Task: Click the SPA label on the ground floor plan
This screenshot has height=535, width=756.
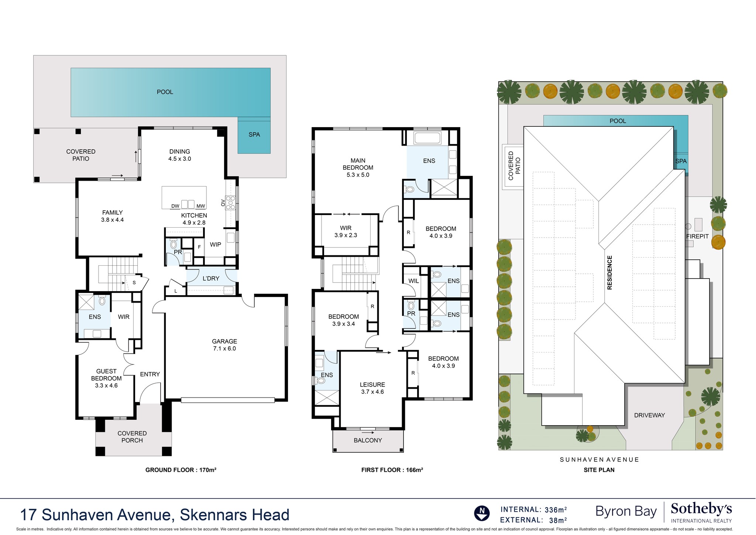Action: (254, 134)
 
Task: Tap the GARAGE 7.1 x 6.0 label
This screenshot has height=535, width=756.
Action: (224, 345)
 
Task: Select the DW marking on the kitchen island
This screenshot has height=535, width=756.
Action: (175, 206)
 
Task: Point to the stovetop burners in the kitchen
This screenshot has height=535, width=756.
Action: (231, 203)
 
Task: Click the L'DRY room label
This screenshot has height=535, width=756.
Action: (211, 278)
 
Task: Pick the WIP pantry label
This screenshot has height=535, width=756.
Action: (216, 245)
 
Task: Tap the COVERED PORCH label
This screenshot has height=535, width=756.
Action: (132, 437)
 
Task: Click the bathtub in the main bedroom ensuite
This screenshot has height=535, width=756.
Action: (427, 138)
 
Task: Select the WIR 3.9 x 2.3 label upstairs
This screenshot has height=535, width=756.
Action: (346, 231)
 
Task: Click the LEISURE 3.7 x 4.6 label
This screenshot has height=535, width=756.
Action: (372, 388)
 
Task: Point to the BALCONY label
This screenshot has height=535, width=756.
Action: (368, 440)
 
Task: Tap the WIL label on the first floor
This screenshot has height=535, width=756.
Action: (413, 281)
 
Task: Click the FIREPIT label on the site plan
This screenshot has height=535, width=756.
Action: (697, 236)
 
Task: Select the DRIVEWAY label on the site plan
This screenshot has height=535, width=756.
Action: (649, 415)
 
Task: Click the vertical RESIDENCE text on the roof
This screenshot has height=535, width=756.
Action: (609, 272)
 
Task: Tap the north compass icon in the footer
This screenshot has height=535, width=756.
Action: (482, 513)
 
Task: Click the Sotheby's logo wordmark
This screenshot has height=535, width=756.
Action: (701, 509)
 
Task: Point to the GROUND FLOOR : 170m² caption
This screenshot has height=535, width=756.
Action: (181, 470)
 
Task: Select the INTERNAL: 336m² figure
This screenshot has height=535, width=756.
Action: (533, 510)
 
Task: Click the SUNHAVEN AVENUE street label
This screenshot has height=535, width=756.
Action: (599, 460)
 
